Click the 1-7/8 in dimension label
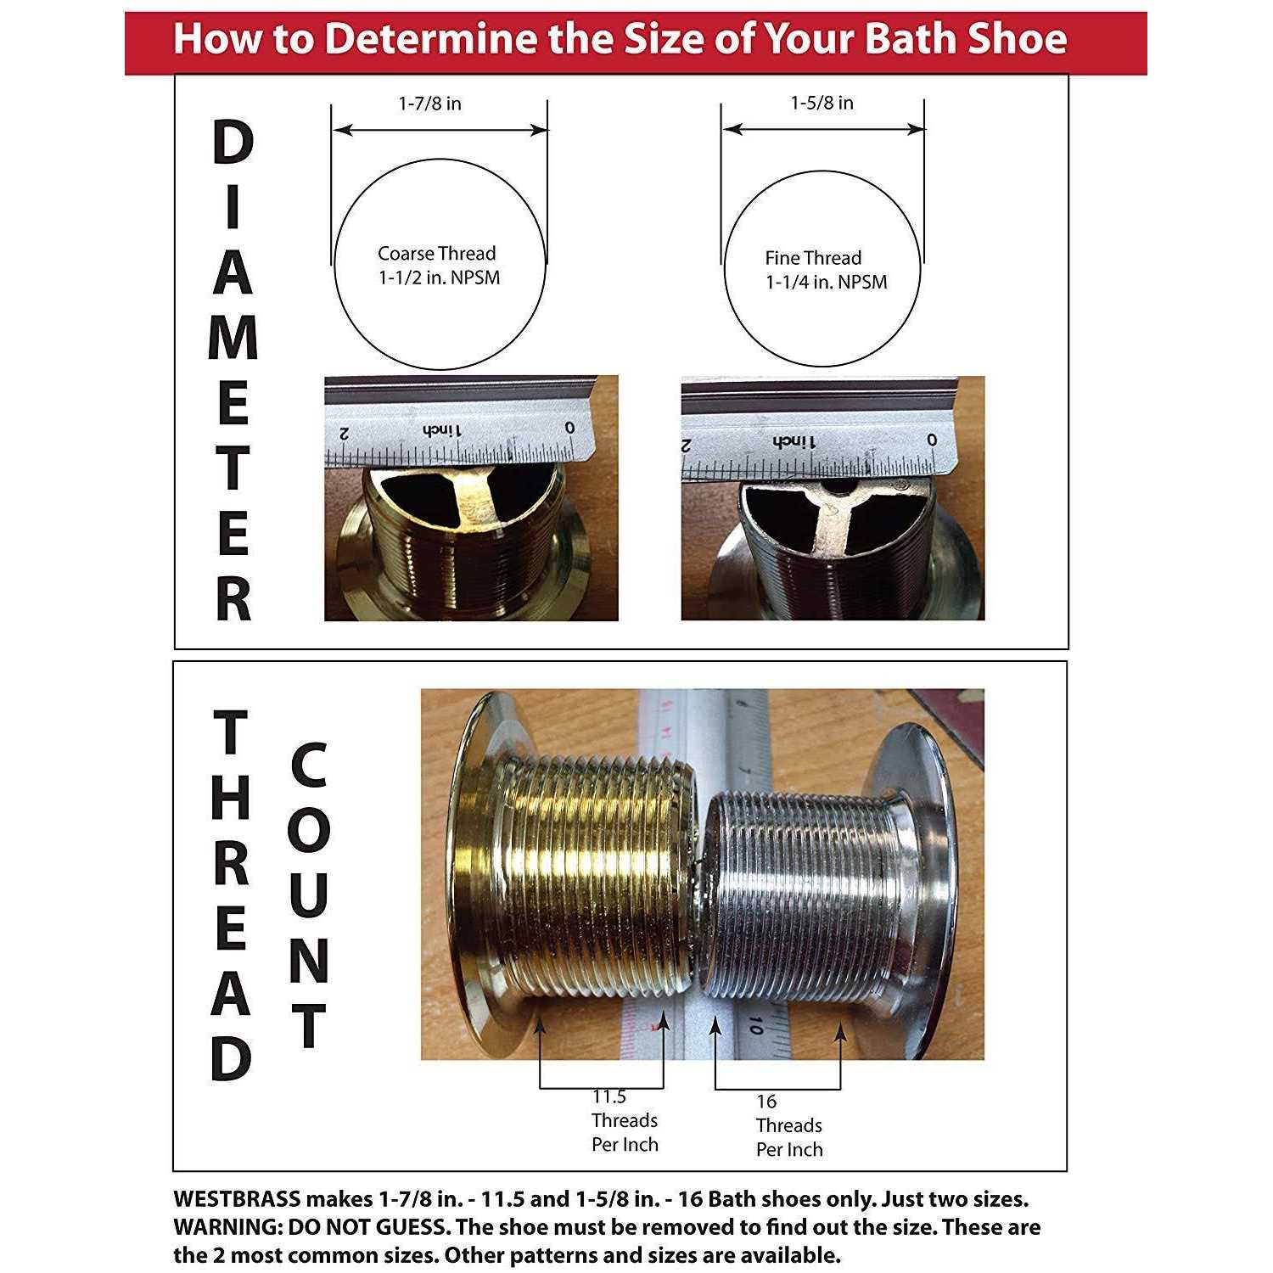click(429, 104)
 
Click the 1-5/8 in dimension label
click(822, 103)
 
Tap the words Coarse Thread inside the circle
click(436, 254)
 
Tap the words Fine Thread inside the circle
click(812, 258)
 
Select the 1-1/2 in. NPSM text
click(439, 278)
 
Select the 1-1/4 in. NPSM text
click(826, 282)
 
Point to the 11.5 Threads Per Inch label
click(625, 1120)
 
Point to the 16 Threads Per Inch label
click(788, 1125)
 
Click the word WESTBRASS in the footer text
click(237, 1199)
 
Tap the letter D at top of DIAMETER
click(233, 143)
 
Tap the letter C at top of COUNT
click(309, 765)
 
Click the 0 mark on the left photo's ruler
click(569, 427)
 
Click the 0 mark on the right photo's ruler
click(931, 440)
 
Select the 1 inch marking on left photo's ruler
click(442, 430)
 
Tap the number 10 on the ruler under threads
click(755, 1025)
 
